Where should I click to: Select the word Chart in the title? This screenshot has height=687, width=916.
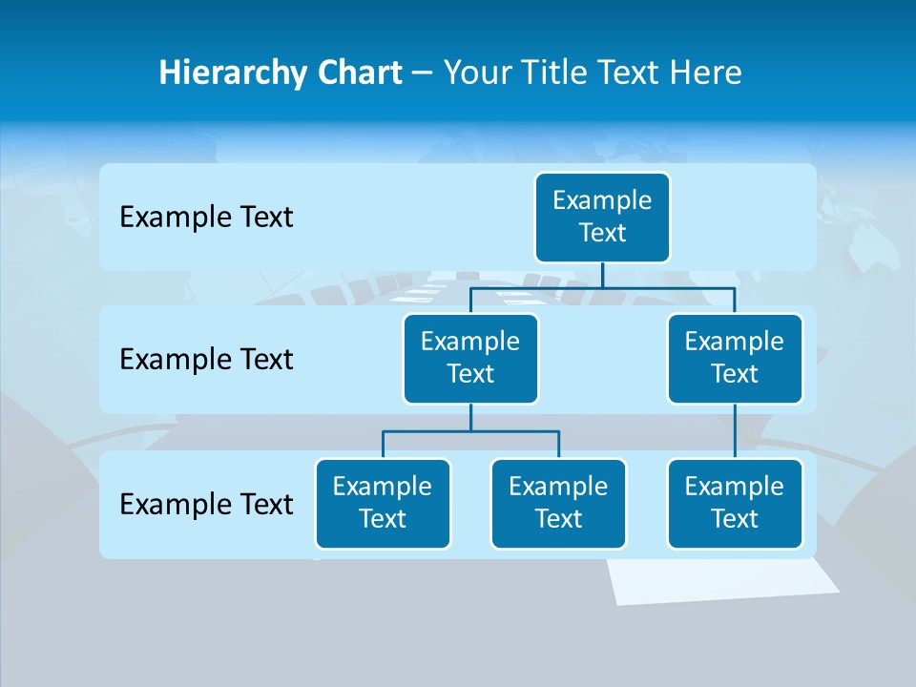pos(355,73)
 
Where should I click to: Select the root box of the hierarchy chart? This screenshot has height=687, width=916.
pos(602,218)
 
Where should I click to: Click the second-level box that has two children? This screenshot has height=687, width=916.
pos(470,359)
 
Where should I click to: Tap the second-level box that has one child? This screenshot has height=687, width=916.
pos(735,359)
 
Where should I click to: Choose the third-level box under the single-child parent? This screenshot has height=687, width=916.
pos(735,504)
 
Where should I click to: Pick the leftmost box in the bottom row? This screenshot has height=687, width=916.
pos(383,504)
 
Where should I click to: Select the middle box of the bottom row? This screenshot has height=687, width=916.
pos(558,504)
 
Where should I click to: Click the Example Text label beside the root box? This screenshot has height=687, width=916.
pos(206,218)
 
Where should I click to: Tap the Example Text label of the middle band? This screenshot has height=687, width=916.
pos(206,360)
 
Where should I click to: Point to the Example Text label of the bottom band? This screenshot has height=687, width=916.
pos(206,505)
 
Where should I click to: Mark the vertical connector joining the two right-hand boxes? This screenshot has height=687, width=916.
pos(735,431)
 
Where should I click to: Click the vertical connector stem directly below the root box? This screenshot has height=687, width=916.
pos(602,275)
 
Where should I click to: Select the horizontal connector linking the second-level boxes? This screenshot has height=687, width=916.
pos(602,287)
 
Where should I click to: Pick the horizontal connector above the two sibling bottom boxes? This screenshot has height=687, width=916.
pos(470,431)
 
